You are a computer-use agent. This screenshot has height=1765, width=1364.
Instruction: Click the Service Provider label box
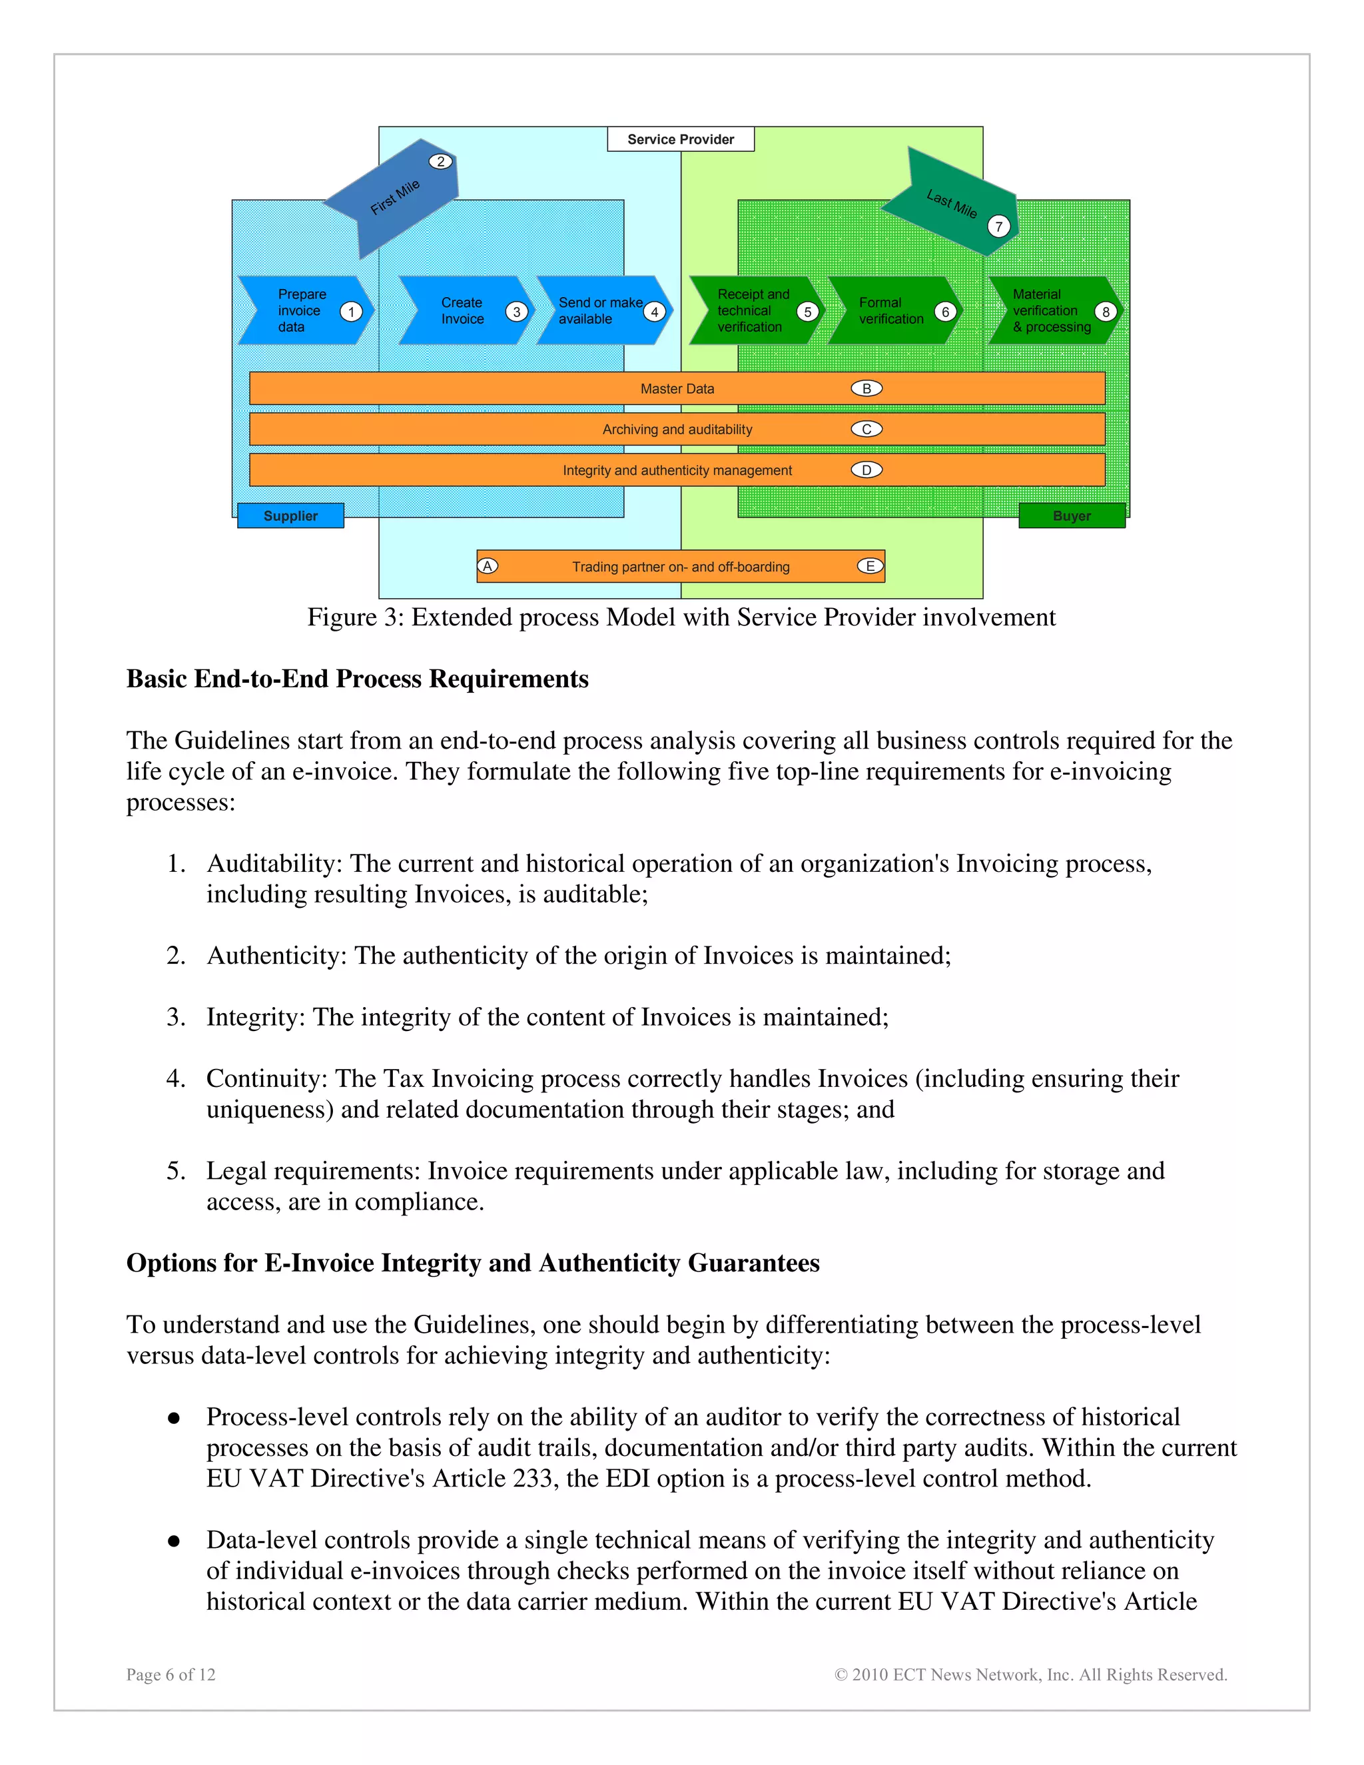point(681,139)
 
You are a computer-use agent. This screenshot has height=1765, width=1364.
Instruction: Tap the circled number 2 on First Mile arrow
point(440,162)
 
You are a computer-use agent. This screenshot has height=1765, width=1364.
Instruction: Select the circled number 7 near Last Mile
point(999,227)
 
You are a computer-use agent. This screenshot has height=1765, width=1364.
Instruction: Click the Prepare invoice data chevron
point(303,311)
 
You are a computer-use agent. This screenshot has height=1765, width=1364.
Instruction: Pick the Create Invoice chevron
point(463,311)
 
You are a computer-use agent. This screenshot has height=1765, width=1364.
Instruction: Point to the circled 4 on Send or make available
point(655,312)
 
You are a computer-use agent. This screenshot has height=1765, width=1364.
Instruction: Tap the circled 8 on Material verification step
point(1106,312)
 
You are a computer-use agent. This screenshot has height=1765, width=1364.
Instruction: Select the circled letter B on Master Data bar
point(866,389)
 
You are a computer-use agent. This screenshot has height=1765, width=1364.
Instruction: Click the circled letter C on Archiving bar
point(866,429)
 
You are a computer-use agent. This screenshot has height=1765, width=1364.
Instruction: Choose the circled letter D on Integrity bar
point(866,470)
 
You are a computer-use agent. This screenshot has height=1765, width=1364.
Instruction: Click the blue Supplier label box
point(291,516)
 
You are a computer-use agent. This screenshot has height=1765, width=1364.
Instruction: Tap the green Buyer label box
point(1072,516)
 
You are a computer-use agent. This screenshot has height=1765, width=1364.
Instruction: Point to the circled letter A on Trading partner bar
point(488,567)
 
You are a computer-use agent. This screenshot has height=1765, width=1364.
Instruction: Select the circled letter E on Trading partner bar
point(870,567)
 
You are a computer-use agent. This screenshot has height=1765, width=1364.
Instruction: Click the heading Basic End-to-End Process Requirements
point(357,679)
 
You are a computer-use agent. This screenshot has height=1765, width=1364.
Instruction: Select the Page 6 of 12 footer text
point(170,1674)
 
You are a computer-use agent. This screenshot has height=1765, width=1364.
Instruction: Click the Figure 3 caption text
point(681,617)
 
